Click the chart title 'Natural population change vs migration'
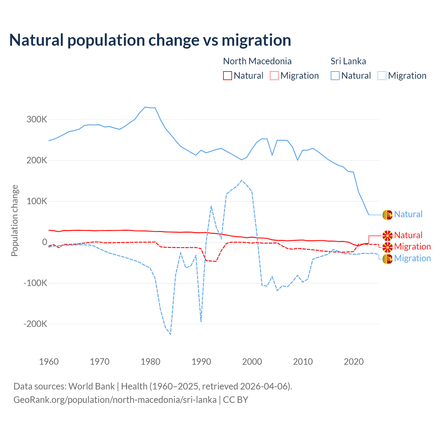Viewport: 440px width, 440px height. (150, 40)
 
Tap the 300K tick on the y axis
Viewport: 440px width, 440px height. (37, 120)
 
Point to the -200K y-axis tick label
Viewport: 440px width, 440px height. (35, 324)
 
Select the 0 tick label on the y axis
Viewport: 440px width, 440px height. (44, 242)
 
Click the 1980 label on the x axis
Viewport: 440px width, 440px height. (151, 362)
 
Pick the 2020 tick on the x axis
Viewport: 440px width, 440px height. (354, 362)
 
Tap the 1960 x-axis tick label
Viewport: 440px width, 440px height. (49, 362)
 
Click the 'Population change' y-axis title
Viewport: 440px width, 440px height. (14, 220)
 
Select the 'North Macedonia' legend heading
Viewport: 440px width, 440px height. (257, 61)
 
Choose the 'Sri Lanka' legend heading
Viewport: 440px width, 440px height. (348, 61)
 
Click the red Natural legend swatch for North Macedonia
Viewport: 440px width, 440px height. (228, 76)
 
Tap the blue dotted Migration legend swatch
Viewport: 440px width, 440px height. (382, 76)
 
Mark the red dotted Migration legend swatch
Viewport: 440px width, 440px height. (274, 76)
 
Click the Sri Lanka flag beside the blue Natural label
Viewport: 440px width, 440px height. (387, 215)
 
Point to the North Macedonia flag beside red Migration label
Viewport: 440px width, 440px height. (387, 247)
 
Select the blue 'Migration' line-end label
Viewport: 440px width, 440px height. (412, 258)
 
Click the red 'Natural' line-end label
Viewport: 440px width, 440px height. (408, 235)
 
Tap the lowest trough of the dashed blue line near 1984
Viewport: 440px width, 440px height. (170, 334)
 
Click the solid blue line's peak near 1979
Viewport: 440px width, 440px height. (145, 107)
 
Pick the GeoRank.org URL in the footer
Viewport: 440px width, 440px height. (115, 400)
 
